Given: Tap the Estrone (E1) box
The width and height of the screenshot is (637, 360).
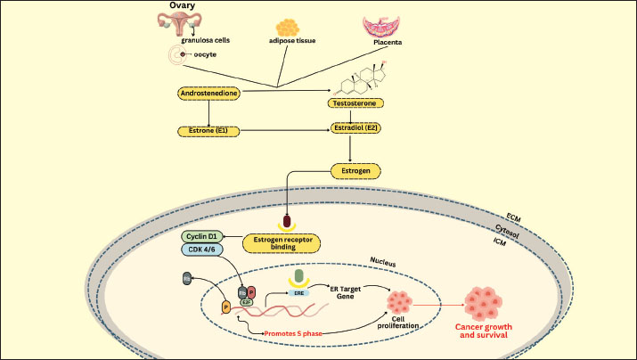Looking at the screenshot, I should tap(208, 131).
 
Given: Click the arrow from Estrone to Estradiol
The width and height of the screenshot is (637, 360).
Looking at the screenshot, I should tap(284, 131).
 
